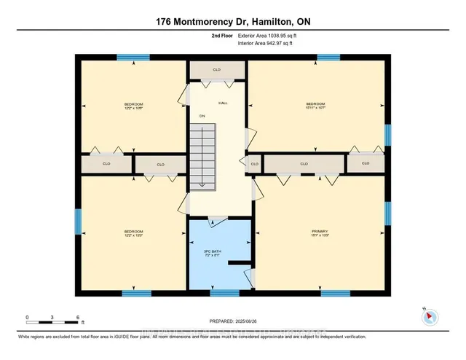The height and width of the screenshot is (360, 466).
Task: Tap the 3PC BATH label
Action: point(212,251)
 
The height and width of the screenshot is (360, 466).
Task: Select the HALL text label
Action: point(223,103)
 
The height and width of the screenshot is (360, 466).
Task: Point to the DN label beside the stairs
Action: point(202,115)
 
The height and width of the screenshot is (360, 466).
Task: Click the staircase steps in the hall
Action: point(204,157)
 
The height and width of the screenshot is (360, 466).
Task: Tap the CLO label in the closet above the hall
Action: point(216,70)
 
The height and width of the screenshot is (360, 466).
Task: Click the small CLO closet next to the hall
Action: point(254,164)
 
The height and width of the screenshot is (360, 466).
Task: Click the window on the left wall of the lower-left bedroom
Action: point(78,222)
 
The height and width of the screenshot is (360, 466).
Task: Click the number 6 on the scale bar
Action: point(77,318)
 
